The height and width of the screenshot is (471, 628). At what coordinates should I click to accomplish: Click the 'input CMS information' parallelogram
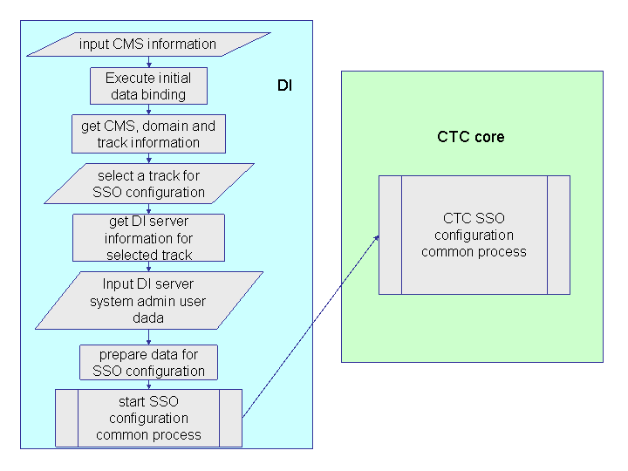tap(148, 44)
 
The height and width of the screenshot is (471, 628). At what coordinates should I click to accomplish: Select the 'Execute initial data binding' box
tap(148, 85)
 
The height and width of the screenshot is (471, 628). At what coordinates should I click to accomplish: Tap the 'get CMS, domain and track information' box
tap(148, 133)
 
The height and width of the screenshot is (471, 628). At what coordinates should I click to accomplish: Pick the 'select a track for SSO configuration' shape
tap(148, 183)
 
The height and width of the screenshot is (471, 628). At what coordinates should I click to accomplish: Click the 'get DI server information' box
tap(148, 237)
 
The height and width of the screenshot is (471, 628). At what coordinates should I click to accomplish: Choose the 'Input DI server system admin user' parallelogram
tap(148, 301)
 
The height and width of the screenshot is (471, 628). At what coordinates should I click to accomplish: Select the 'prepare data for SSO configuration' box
tap(148, 362)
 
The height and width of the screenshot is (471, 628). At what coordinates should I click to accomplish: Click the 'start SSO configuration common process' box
tap(148, 418)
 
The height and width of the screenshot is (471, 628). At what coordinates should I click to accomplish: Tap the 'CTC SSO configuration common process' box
tap(474, 235)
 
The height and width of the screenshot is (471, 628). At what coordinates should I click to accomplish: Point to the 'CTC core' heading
tap(471, 137)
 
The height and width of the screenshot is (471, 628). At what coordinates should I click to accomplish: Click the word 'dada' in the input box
tap(148, 318)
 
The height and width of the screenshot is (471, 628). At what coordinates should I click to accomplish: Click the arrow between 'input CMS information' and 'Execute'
tap(149, 61)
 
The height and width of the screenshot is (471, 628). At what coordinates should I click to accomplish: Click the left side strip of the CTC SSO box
tap(390, 235)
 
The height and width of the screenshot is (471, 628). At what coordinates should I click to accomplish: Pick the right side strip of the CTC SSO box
tap(558, 235)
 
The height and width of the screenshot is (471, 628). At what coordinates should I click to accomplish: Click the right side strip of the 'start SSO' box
tap(230, 418)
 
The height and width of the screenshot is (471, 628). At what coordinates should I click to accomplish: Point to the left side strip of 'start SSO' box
tap(66, 418)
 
